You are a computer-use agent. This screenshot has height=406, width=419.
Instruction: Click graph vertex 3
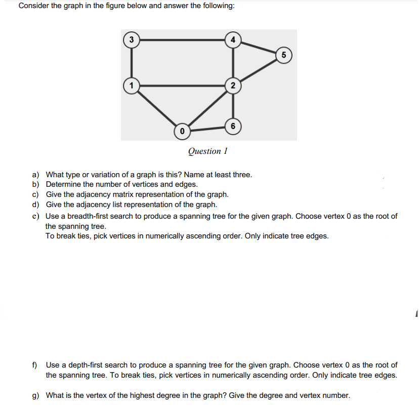pyautogui.click(x=132, y=39)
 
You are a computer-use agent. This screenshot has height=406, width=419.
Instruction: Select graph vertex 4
pyautogui.click(x=232, y=39)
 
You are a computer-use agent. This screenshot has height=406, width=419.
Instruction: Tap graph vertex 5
pyautogui.click(x=284, y=55)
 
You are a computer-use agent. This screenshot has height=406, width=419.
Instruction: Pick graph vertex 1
pyautogui.click(x=132, y=85)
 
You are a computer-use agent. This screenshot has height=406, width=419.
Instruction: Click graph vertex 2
pyautogui.click(x=232, y=85)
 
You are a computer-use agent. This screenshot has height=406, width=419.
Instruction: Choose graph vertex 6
pyautogui.click(x=232, y=125)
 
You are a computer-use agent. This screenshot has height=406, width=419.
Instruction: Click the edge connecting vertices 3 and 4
pyautogui.click(x=182, y=39)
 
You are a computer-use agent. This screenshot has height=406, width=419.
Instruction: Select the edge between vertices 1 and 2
pyautogui.click(x=182, y=85)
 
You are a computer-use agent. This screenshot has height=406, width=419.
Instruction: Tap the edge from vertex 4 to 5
pyautogui.click(x=258, y=47)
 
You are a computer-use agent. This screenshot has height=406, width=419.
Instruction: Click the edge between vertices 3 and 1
pyautogui.click(x=132, y=62)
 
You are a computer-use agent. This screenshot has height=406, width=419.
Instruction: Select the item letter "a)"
pyautogui.click(x=36, y=175)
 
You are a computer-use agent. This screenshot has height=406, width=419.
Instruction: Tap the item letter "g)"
pyautogui.click(x=36, y=395)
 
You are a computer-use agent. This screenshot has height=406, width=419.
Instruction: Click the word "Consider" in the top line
pyautogui.click(x=33, y=6)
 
